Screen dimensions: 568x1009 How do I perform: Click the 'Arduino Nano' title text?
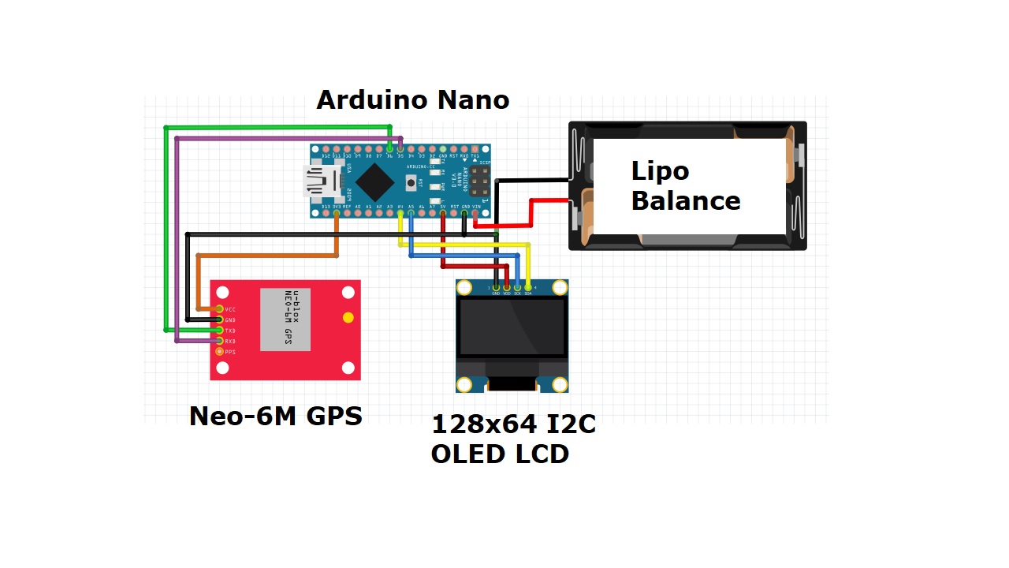[x=412, y=100]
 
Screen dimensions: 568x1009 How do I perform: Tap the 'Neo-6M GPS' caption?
[x=276, y=416]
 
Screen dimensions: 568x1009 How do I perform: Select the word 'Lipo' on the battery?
[x=660, y=171]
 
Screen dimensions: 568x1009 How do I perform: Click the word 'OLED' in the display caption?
[x=465, y=454]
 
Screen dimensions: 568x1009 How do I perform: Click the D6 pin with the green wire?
[x=389, y=149]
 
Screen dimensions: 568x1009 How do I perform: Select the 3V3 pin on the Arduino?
[x=337, y=212]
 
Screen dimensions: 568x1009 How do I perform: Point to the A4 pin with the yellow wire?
[x=400, y=212]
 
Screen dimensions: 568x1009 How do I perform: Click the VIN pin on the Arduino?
[x=475, y=212]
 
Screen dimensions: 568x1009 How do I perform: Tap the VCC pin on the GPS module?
[x=219, y=309]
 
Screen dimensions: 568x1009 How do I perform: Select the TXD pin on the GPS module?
[x=219, y=330]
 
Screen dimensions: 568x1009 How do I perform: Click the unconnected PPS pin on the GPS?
[x=219, y=351]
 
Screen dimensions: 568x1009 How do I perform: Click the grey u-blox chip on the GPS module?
[x=285, y=319]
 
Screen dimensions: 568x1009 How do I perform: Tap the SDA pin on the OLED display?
[x=527, y=287]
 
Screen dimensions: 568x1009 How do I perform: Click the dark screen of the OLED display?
[x=512, y=327]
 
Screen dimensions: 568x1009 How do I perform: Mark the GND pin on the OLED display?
[x=496, y=287]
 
